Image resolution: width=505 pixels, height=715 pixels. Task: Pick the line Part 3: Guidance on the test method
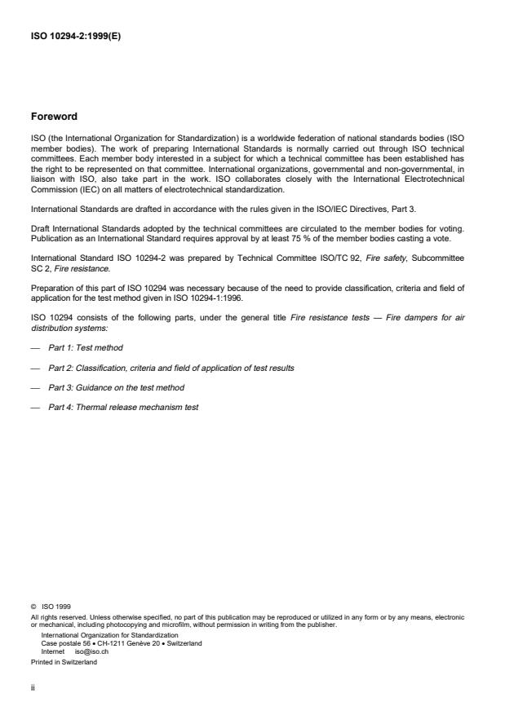(116, 387)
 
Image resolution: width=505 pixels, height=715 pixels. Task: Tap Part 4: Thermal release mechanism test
(123, 407)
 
